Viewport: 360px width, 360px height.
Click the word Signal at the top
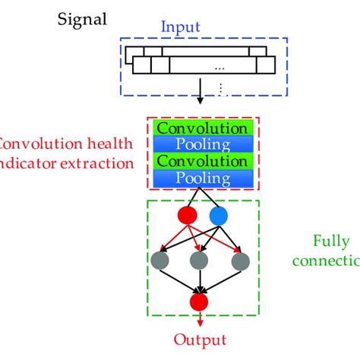[x=83, y=17]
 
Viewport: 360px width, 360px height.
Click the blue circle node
[x=218, y=216]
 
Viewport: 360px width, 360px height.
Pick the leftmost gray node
[x=160, y=261]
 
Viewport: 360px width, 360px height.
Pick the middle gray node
[x=200, y=261]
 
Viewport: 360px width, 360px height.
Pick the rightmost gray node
[x=240, y=261]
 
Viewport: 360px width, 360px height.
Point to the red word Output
[x=200, y=339]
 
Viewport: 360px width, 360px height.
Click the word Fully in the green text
[x=331, y=242]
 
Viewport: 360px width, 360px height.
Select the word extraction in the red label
[x=92, y=162]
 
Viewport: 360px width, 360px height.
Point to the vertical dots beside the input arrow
[x=221, y=89]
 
